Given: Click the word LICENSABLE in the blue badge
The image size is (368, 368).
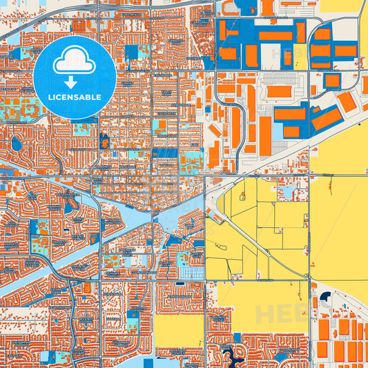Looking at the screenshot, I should [x=75, y=97].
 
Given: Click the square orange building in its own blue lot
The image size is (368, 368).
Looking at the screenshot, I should [x=332, y=80].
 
